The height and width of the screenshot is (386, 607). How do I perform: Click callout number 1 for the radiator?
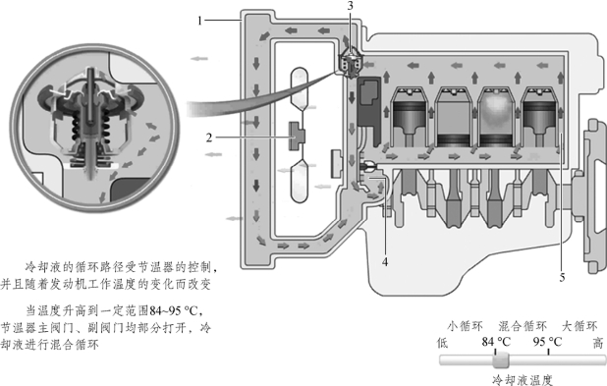coord(199,20)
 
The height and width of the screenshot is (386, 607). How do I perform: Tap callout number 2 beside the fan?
coord(209,138)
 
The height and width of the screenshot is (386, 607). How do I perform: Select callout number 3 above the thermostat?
coord(351,6)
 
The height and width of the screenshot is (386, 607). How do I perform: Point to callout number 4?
coord(385,262)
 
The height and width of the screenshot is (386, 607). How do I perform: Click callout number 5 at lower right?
coord(562,277)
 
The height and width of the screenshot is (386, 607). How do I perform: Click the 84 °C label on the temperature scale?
coord(496,342)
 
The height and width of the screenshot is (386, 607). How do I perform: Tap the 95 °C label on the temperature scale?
coord(547,342)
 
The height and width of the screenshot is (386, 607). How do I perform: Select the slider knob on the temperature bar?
coord(501,360)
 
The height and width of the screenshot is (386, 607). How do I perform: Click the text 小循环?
coord(465,326)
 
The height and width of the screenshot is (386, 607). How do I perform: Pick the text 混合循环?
coord(523,326)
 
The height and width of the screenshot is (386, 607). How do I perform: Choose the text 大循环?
coord(579,326)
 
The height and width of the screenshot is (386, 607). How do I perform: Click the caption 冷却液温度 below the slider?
coord(523,380)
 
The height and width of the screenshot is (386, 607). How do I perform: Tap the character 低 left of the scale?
coord(442,343)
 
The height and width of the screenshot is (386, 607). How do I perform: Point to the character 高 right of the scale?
coord(598,343)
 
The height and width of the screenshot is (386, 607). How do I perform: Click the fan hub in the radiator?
coord(298,136)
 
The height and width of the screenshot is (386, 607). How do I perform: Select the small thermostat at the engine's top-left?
coord(351,63)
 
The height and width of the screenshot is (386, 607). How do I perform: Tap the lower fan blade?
coord(300,182)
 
